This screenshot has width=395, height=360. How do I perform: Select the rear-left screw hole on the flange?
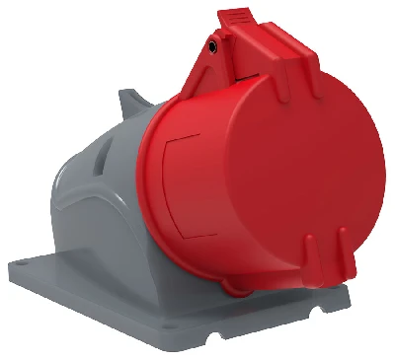click(x=42, y=262)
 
